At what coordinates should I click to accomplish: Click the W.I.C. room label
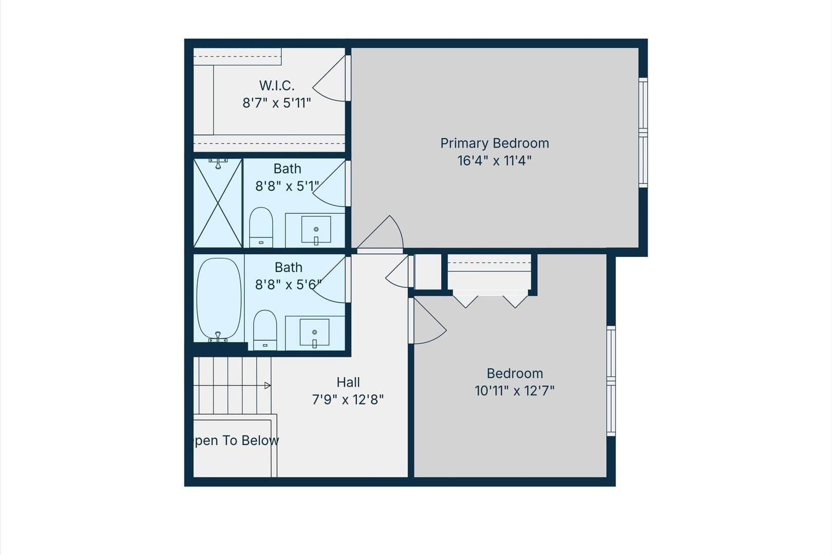[x=277, y=85]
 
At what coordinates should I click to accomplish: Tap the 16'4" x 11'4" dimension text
[x=495, y=160]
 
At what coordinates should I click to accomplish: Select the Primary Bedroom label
[x=495, y=143]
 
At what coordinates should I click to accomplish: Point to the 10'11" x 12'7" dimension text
[x=515, y=391]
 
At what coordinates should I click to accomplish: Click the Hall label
[x=348, y=382]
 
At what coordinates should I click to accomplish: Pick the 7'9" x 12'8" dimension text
[x=348, y=400]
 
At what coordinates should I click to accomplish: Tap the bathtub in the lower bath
[x=219, y=299]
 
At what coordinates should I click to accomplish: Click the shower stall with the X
[x=218, y=203]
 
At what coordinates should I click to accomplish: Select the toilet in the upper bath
[x=261, y=227]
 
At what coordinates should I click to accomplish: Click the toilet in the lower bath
[x=265, y=330]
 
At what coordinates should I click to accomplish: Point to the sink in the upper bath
[x=316, y=229]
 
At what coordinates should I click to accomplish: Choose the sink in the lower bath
[x=314, y=332]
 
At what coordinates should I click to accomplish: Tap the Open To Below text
[x=237, y=440]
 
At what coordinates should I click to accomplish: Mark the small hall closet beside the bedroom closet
[x=428, y=272]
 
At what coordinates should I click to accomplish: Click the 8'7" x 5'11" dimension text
[x=277, y=103]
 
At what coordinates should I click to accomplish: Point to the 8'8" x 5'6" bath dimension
[x=288, y=285]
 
